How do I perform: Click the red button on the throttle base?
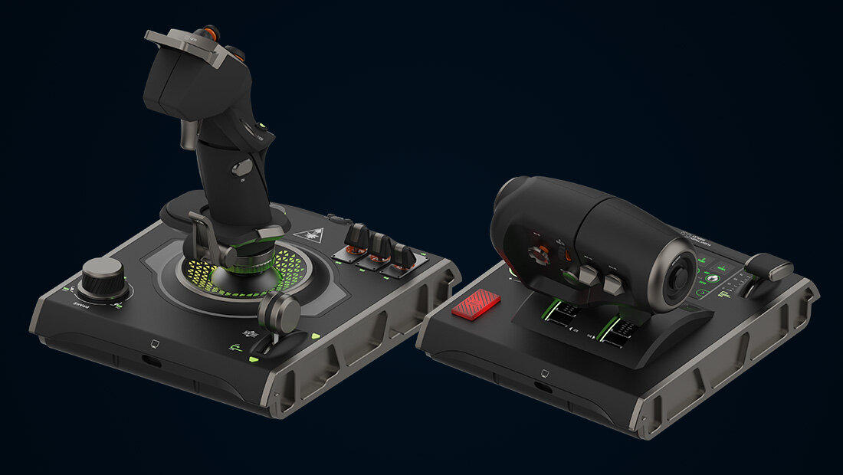476,305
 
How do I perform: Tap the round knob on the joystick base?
103,276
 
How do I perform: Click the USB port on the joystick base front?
152,360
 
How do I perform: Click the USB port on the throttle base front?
543,388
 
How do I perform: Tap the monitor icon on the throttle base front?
544,374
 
